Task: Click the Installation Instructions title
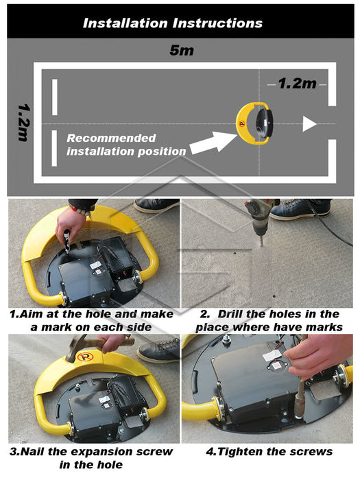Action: point(173,23)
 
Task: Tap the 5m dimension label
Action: point(182,50)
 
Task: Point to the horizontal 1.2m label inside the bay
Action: point(297,84)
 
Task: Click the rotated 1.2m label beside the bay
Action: point(24,123)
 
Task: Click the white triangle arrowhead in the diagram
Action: point(309,123)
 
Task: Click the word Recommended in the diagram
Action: point(111,138)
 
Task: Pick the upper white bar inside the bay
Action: point(55,97)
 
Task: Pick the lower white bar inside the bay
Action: point(54,148)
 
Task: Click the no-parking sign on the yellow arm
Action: point(85,357)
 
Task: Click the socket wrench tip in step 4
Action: point(299,406)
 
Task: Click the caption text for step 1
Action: point(91,320)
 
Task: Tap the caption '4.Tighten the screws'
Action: point(269,451)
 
